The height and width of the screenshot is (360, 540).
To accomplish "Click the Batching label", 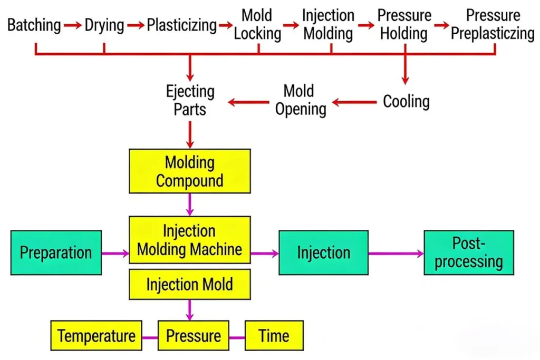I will click(34, 25).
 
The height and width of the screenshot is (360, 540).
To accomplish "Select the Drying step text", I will click(104, 25).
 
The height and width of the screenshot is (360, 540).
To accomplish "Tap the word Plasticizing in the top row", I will click(181, 25).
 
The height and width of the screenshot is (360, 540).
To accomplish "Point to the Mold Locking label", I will click(257, 24).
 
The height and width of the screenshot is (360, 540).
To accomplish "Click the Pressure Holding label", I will click(404, 24).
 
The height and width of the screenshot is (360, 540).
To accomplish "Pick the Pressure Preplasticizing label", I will click(493, 24).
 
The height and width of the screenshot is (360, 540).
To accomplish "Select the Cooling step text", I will click(406, 101).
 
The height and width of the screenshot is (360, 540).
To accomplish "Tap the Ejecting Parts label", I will click(190, 100).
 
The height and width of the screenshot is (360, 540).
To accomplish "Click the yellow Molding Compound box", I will click(190, 171).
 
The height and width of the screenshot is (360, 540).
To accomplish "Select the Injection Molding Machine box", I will click(190, 240).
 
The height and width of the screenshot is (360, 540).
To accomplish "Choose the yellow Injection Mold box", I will click(190, 285).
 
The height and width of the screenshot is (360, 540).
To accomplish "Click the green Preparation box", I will click(56, 252).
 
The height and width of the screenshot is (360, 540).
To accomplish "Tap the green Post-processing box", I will click(468, 252).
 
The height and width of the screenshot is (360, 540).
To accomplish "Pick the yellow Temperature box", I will click(96, 336).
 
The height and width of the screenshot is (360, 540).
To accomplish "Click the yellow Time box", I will click(274, 336).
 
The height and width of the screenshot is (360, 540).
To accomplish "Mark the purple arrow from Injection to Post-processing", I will click(396, 254).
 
